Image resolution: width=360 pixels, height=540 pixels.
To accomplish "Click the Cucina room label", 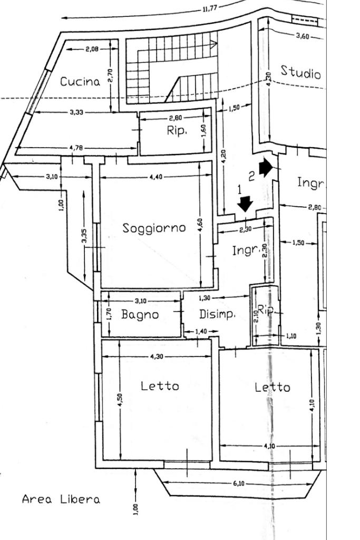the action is [80, 82].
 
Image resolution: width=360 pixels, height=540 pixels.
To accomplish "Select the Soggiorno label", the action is [154, 228].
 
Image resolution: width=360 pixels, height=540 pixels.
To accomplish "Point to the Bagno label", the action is [140, 315].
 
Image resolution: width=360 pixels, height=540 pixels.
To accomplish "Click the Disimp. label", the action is [217, 314].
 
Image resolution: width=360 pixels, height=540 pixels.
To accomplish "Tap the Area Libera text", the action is [61, 499].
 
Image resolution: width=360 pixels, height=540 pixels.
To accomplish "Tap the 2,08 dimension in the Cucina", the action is [91, 49].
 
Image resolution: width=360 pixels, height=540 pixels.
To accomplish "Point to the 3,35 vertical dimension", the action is [84, 236].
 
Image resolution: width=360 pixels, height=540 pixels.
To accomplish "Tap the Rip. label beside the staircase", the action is [177, 131].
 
